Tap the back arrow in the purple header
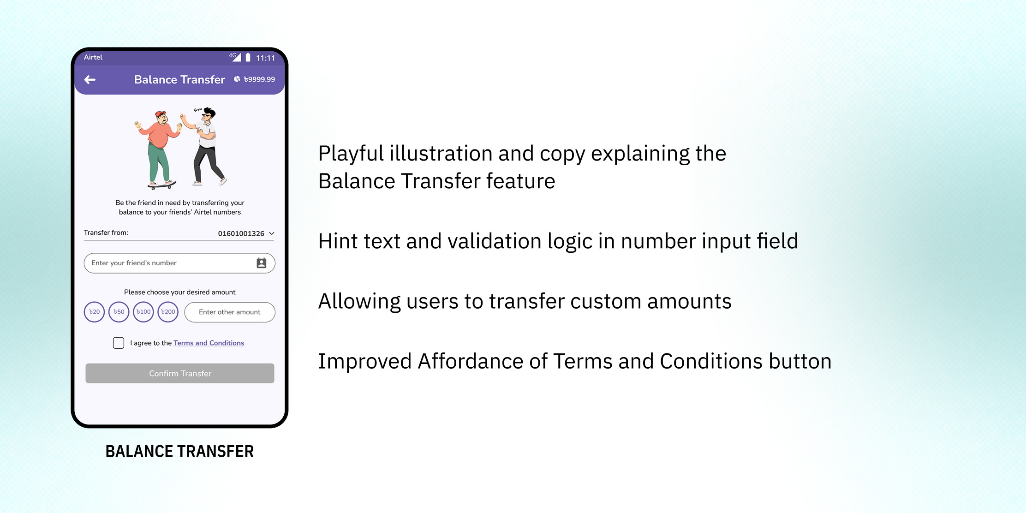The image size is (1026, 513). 90,80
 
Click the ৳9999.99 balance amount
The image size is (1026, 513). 259,79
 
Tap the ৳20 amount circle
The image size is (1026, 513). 94,312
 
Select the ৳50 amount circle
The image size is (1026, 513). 119,312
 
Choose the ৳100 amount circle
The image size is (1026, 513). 143,312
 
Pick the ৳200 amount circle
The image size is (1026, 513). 168,312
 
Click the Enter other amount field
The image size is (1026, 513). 230,312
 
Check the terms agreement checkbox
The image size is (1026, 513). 119,343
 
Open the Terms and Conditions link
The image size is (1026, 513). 209,343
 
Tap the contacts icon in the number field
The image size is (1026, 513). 262,263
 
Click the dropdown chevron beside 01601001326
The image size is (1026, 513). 272,233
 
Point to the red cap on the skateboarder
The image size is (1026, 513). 160,113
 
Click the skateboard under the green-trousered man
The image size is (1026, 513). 162,185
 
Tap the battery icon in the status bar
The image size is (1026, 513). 248,57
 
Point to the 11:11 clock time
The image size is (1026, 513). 266,58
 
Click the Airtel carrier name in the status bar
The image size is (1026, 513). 93,57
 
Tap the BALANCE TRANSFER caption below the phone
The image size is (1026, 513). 179,451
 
